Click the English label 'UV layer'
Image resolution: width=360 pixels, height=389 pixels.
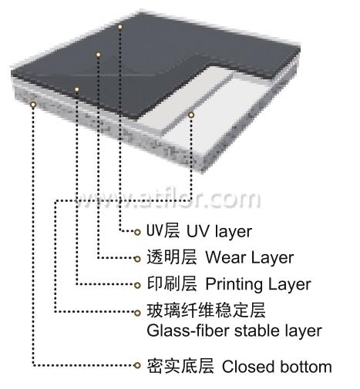pos(219,231)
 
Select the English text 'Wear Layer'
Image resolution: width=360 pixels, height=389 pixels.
pos(249,257)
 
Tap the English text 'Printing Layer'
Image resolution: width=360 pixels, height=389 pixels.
pos(258,284)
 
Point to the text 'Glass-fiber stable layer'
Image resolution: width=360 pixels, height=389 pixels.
pos(234,330)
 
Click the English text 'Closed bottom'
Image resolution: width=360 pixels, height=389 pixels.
pos(277,367)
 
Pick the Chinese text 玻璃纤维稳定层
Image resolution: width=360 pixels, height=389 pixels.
pos(206,310)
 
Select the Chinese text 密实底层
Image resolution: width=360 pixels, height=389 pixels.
pos(180,366)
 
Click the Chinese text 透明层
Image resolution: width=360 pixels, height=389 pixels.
pos(172,257)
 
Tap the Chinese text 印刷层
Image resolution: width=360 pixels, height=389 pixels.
pos(172,283)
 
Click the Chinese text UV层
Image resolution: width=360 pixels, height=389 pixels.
pos(163,230)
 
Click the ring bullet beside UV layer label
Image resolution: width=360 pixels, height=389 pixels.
pos(137,233)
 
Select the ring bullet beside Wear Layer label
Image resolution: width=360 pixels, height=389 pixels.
pos(137,259)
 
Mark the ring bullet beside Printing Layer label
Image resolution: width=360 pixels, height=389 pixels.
pos(137,285)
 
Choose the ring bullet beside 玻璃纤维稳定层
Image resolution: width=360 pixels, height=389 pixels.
pos(137,313)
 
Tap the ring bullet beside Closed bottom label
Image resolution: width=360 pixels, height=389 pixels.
pos(137,365)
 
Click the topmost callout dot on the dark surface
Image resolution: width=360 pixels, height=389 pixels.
pos(120,26)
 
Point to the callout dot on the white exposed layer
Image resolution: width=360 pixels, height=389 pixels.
pos(191,115)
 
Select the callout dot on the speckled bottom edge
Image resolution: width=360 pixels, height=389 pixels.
pos(33,105)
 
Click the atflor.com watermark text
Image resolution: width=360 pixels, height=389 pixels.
pos(167,199)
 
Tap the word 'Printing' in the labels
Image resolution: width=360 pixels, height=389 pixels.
pos(234,284)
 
